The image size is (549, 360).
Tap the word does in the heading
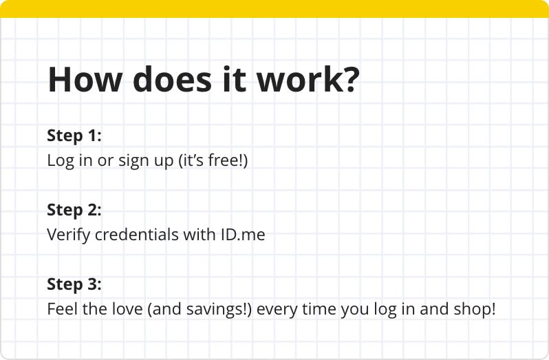[173, 78]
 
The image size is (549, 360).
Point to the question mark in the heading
[347, 79]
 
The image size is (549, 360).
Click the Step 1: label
[74, 136]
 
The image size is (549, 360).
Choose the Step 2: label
[74, 210]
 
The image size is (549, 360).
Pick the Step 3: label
[74, 284]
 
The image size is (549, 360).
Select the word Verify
[68, 235]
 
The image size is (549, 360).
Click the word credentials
[137, 234]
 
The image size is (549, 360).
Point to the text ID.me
[243, 234]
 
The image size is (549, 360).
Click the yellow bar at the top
[274, 9]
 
